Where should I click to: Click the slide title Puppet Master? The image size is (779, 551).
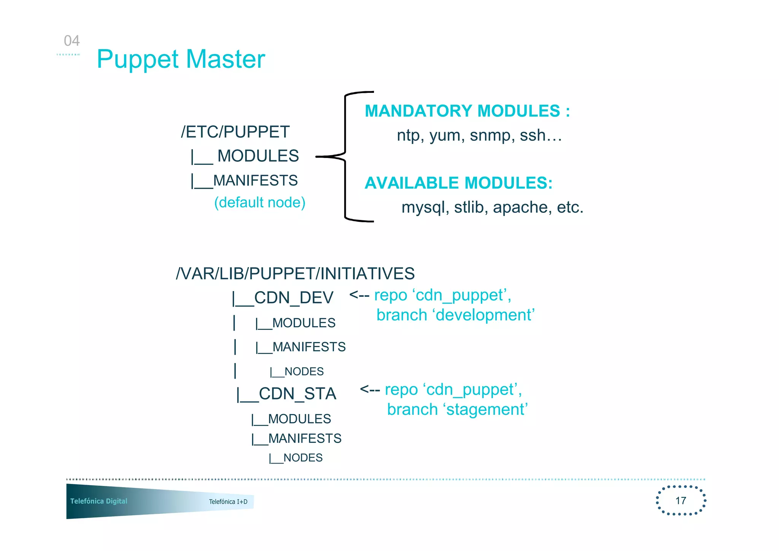[x=181, y=59]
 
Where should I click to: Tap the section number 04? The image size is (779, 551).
[x=72, y=41]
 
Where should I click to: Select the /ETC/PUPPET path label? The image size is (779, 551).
[x=235, y=132]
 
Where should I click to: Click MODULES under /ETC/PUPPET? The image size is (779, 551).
[x=258, y=156]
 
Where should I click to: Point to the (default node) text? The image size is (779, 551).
[x=259, y=202]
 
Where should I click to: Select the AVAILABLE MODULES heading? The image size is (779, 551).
[x=458, y=183]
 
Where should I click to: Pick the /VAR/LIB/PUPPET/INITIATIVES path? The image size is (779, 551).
[x=295, y=274]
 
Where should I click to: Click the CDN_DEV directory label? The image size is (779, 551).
[x=293, y=298]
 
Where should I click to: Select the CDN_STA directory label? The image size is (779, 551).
[x=297, y=394]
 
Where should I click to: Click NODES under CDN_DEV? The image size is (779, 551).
[x=304, y=371]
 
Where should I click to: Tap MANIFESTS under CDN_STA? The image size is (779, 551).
[x=304, y=438]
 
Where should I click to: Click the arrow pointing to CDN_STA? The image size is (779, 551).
[x=369, y=389]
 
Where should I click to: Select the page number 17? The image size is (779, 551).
[x=680, y=500]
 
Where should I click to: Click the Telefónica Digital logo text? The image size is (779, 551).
[x=99, y=501]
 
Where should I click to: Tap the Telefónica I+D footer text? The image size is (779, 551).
[x=228, y=502]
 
